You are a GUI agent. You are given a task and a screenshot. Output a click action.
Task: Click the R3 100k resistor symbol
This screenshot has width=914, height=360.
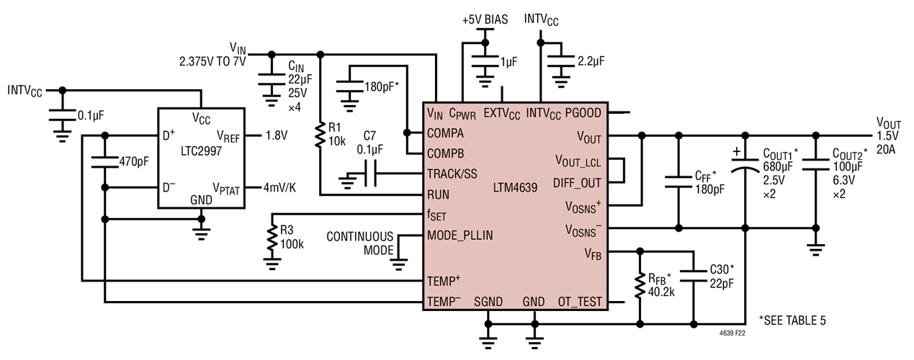[272, 238]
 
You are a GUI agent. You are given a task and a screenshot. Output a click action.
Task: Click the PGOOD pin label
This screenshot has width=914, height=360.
[586, 112]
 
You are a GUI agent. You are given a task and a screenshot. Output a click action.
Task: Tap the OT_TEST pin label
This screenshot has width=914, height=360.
[581, 302]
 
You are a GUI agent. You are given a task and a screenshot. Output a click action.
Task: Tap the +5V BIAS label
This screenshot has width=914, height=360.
[485, 19]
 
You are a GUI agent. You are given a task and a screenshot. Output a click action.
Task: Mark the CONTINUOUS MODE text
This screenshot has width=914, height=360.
[360, 243]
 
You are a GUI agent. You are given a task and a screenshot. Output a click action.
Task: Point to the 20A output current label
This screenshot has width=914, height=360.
[888, 149]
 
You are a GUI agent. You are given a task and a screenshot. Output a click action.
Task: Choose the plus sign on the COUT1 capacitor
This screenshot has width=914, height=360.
[735, 153]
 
